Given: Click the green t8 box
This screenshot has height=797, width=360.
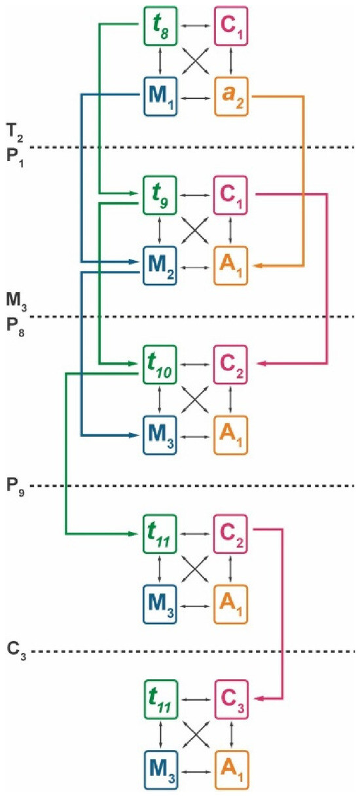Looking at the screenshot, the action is [x=160, y=26].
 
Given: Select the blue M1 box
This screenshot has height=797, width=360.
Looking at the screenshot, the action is [x=160, y=96].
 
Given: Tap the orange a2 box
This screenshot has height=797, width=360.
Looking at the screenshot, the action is [x=231, y=96].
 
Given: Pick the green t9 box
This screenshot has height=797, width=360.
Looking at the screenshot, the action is [x=160, y=195].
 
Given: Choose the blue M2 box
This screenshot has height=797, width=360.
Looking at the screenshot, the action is [x=160, y=266].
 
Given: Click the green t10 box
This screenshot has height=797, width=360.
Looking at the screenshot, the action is [x=160, y=364].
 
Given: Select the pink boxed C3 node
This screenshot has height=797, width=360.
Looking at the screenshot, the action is [x=232, y=700].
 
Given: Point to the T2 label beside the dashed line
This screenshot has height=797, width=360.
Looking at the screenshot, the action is [x=14, y=133].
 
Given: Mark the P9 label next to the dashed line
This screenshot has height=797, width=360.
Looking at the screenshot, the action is [x=15, y=487].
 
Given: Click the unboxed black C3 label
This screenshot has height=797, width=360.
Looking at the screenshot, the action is [x=16, y=650].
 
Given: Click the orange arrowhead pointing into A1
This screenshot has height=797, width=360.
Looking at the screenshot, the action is [x=259, y=266].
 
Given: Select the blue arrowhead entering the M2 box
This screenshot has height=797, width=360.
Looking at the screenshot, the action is [x=133, y=262].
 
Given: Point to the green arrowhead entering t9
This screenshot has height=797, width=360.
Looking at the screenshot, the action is [x=133, y=193].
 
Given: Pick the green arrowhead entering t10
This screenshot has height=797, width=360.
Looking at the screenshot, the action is [x=133, y=364].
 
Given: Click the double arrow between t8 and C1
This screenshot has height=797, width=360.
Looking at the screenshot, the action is [x=196, y=26].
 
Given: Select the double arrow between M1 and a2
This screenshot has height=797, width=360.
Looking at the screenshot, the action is [x=196, y=97].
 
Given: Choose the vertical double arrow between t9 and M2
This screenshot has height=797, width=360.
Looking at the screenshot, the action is [x=159, y=230].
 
